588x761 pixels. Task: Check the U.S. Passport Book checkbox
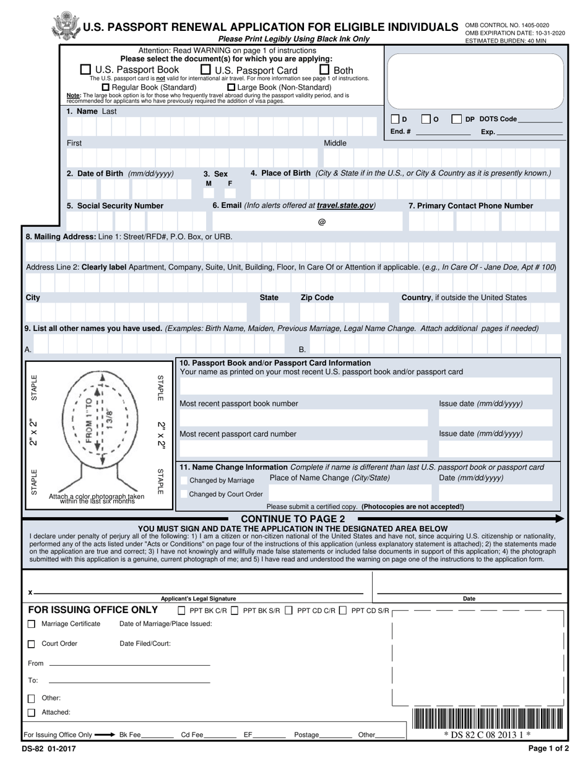86,70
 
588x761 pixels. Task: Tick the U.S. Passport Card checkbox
207,70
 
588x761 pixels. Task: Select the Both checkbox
324,70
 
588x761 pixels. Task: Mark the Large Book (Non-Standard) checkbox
231,87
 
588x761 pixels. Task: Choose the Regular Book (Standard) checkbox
105,87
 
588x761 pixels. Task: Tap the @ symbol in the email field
322,222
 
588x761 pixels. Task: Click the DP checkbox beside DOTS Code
456,119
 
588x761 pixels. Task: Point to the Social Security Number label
115,205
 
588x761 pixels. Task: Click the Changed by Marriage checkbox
184,480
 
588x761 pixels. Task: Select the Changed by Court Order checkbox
184,494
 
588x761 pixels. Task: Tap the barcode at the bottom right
486,720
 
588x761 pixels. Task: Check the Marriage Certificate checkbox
32,624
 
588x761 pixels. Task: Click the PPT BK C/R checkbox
181,611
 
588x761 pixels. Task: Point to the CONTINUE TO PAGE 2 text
293,518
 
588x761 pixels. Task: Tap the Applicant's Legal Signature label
198,598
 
